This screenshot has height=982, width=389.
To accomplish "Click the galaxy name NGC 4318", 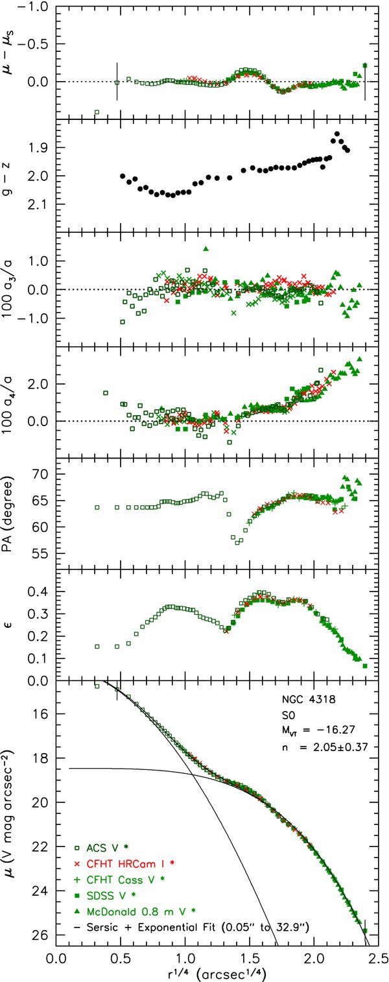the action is (x=308, y=699).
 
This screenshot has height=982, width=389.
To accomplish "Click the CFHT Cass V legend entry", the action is (x=119, y=879).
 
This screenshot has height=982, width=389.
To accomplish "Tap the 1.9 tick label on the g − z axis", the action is (x=40, y=147).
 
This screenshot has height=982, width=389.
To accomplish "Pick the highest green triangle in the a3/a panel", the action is (x=206, y=249).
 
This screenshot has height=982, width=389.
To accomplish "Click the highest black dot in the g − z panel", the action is (x=337, y=134).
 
